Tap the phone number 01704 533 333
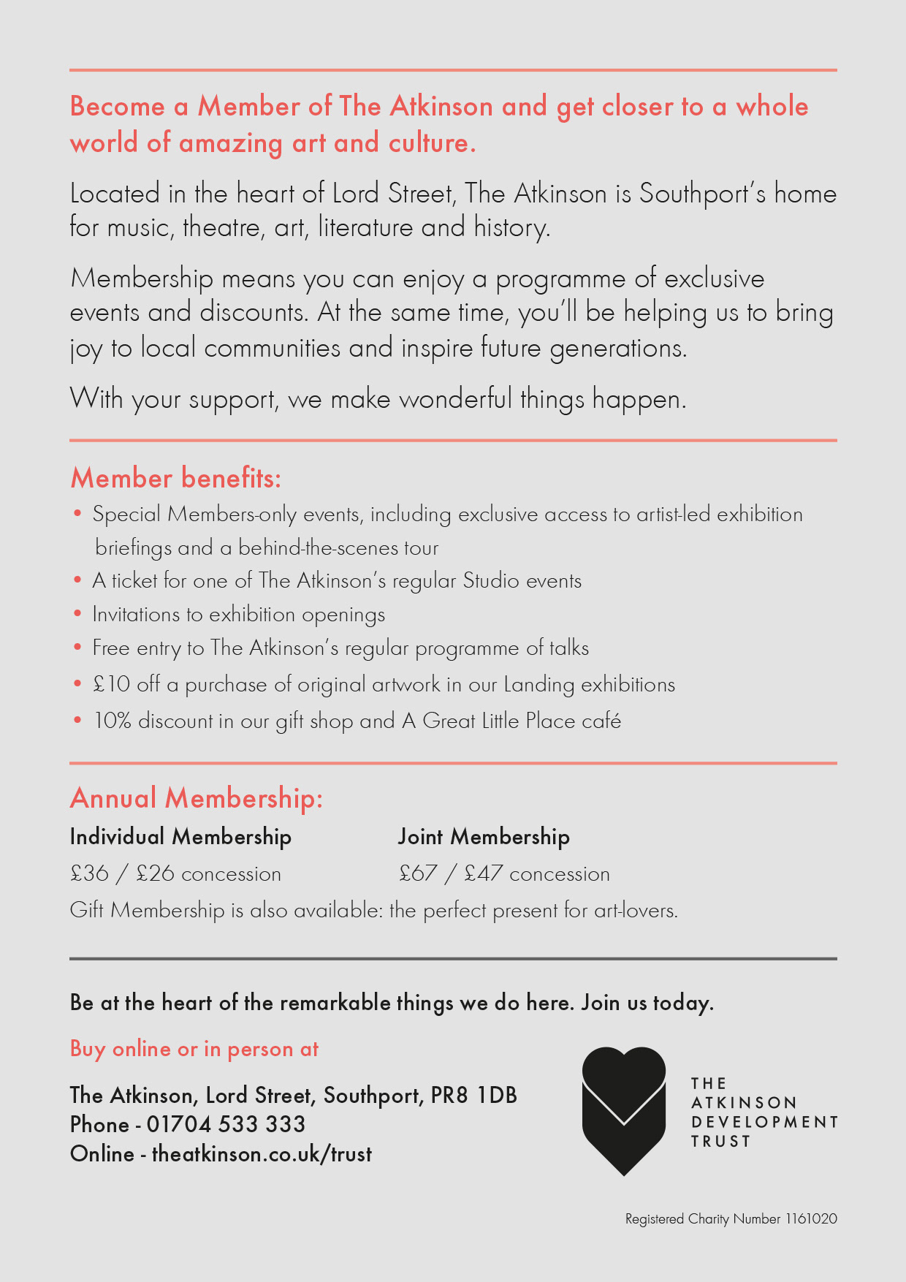[226, 1124]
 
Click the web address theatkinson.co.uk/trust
[262, 1154]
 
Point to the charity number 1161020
[811, 1219]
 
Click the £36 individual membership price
[89, 873]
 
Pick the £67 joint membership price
[418, 873]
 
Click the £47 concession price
[484, 873]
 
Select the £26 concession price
[155, 873]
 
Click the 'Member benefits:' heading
[175, 478]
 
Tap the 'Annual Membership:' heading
[196, 798]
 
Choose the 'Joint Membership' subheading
[484, 837]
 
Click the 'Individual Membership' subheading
[180, 837]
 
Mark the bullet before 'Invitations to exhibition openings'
[77, 614]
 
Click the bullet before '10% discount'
[77, 720]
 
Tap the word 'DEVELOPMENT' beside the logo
[764, 1122]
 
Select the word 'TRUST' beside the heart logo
[721, 1142]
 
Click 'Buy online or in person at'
[194, 1049]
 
